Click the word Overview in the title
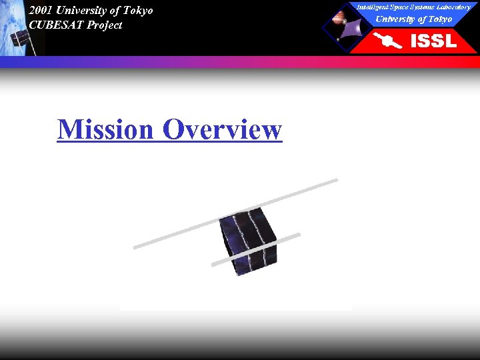(x=222, y=129)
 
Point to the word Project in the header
(x=105, y=25)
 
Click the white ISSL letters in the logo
(x=433, y=41)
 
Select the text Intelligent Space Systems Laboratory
(x=413, y=7)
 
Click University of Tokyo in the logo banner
(x=413, y=19)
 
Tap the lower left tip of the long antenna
(x=136, y=247)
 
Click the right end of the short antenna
(x=298, y=235)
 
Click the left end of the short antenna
(x=214, y=265)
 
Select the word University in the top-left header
(x=81, y=10)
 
